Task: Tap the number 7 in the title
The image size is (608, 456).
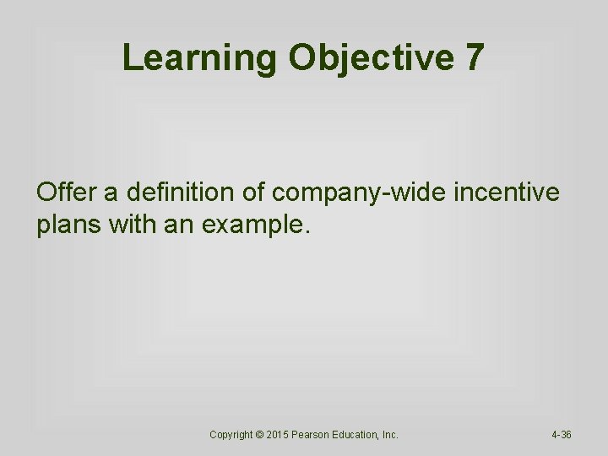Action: tap(474, 57)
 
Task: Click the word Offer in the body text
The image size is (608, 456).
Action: tap(66, 193)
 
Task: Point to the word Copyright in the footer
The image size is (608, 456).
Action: tap(231, 435)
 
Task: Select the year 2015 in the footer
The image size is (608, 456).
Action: tap(279, 435)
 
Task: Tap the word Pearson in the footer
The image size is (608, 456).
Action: tap(313, 435)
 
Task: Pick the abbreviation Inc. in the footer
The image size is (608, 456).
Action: tap(390, 435)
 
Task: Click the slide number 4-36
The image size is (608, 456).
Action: tap(562, 435)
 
